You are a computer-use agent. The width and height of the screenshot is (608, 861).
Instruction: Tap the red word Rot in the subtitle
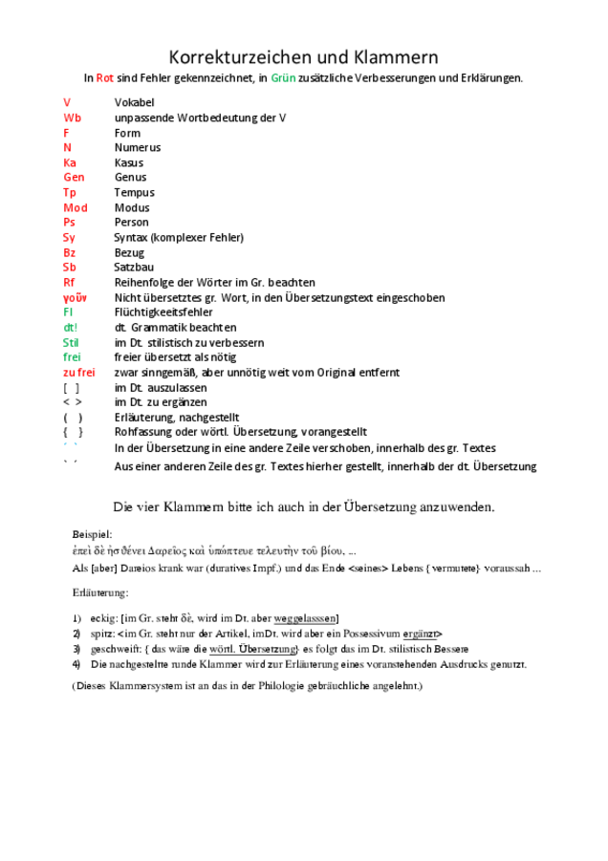pos(105,78)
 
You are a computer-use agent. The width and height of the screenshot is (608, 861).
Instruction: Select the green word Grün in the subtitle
pos(284,78)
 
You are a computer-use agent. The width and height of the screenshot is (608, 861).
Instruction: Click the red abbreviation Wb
pos(72,118)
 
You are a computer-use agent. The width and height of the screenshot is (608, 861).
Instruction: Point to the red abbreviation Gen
pos(74,178)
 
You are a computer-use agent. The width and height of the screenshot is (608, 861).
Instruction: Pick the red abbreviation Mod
pos(75,207)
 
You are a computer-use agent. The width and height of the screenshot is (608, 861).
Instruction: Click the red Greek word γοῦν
pos(75,297)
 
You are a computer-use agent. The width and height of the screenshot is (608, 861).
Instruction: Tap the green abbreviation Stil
pos(71,342)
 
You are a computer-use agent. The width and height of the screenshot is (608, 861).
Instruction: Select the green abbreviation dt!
pos(70,328)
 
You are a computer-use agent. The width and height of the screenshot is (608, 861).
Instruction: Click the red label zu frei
pos(78,373)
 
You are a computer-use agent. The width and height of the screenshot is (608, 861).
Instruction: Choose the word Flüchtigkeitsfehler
pos(163,312)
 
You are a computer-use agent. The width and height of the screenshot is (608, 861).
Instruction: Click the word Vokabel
pos(134,102)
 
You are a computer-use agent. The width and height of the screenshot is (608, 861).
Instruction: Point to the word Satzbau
pos(134,268)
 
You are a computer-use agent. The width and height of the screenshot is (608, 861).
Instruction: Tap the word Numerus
pos(138,148)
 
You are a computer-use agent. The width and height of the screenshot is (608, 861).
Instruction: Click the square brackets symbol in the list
pos(71,388)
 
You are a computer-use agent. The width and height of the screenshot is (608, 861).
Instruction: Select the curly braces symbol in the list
pos(73,432)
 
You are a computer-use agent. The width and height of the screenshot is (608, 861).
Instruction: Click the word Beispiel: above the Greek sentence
pos(92,533)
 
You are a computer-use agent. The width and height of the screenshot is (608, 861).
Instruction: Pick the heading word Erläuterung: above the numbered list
pos(99,593)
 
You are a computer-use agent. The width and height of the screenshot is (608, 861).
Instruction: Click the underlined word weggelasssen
pos(306,618)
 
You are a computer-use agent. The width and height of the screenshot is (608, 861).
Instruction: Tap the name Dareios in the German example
pos(141,569)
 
